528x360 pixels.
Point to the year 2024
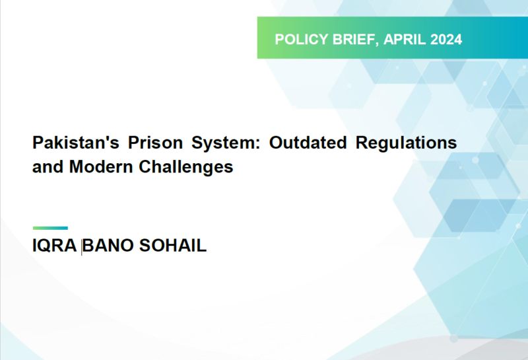(446, 40)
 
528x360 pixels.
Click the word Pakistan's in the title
(76, 143)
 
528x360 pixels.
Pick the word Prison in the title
(155, 143)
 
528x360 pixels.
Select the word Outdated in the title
(308, 143)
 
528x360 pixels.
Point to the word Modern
(101, 166)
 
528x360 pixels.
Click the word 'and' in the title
(48, 166)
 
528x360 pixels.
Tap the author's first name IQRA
(55, 245)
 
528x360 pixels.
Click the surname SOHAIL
(173, 245)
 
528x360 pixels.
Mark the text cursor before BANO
(81, 246)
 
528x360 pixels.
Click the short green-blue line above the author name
(50, 228)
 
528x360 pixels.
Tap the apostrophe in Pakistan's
(106, 137)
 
